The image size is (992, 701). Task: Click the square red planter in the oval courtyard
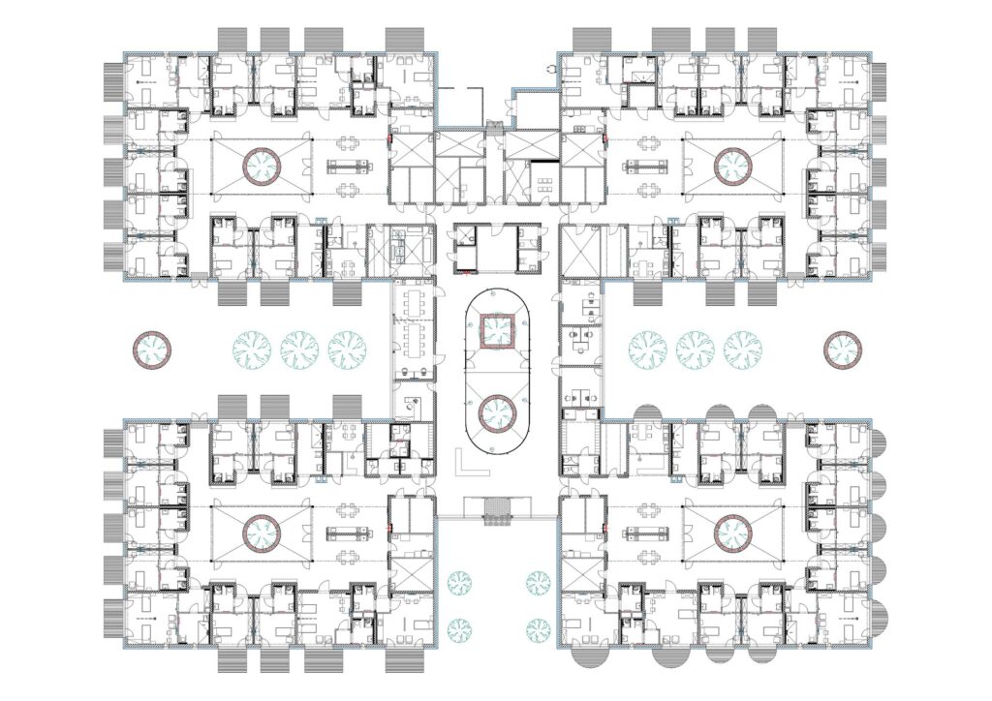coord(499,330)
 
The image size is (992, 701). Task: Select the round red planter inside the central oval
coord(499,414)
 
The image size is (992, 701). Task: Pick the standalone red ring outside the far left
coord(152,348)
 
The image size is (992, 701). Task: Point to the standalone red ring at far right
coord(842,348)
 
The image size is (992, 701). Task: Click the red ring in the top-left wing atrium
coord(262,167)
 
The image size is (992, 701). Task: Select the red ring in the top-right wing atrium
coord(732,167)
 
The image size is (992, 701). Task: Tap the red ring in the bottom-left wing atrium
coord(262,532)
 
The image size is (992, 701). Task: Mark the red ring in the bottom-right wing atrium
coord(732,532)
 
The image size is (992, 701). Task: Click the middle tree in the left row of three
coord(299,349)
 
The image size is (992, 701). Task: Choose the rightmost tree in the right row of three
coord(742,349)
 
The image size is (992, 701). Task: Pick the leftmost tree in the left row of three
coord(252,349)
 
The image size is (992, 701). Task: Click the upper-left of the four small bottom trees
coord(459,582)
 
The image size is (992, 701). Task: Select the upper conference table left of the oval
coord(413,302)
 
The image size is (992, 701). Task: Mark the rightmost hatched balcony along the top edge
coord(765,40)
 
